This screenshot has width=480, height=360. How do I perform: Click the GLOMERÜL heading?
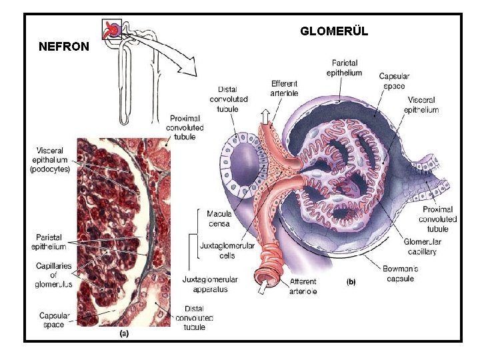(x=333, y=31)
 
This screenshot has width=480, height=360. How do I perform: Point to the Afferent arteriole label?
(x=304, y=287)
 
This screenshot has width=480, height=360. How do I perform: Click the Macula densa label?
(x=219, y=218)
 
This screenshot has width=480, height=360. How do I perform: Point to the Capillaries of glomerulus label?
(x=54, y=275)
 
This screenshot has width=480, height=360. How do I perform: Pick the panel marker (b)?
(x=351, y=282)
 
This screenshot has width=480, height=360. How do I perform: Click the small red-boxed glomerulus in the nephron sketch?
(x=112, y=29)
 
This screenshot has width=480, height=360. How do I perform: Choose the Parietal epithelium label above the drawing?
(x=344, y=69)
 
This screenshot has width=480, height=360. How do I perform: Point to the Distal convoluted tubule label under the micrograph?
(x=194, y=318)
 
